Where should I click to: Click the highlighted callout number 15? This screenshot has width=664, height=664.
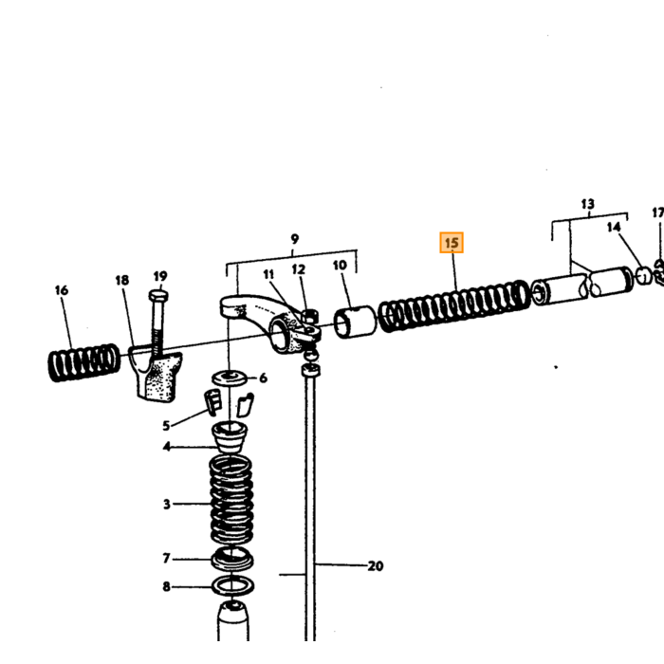[x=452, y=243]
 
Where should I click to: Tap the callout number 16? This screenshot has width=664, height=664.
[x=62, y=290]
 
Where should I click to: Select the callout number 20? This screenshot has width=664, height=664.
[x=376, y=565]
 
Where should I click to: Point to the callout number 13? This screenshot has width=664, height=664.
[x=588, y=204]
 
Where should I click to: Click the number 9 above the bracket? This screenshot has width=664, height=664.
[x=295, y=239]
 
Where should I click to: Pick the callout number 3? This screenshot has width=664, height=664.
[x=167, y=504]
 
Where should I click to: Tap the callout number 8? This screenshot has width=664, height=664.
[x=166, y=586]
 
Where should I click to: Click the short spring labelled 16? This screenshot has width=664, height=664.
[x=83, y=362]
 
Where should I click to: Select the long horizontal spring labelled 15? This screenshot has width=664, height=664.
[x=454, y=305]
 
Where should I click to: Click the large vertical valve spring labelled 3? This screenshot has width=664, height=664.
[x=231, y=500]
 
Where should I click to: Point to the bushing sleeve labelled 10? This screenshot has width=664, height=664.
[x=355, y=323]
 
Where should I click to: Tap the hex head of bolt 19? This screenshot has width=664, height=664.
[x=158, y=295]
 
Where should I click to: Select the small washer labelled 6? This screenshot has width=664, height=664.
[x=231, y=378]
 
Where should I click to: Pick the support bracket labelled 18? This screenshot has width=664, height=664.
[x=156, y=373]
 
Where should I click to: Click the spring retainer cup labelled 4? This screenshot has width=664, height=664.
[x=230, y=436]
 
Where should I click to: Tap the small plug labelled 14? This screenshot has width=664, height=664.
[x=644, y=276]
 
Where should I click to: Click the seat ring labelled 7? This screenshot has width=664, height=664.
[x=232, y=558]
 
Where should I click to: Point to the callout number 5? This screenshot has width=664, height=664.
[x=166, y=426]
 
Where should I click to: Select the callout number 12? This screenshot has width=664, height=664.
[x=299, y=269]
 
